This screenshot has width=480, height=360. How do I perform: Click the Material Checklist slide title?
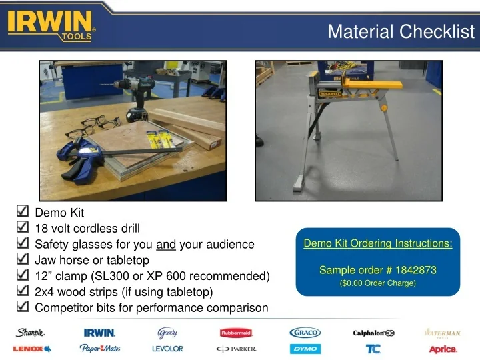[x=401, y=31]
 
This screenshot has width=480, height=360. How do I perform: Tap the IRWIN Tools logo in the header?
[x=51, y=25]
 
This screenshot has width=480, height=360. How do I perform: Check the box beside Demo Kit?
[x=21, y=213]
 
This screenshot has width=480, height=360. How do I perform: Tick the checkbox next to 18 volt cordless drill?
[x=21, y=229]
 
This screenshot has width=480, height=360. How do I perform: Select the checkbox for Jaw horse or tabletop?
[x=21, y=260]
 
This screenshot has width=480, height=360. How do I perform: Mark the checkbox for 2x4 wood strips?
[x=21, y=291]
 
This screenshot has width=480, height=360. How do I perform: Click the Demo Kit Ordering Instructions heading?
[x=378, y=243]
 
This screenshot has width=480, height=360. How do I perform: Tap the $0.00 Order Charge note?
[x=378, y=284]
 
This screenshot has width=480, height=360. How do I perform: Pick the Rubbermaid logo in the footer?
[x=237, y=333]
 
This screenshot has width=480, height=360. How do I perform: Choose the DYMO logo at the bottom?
[x=305, y=349]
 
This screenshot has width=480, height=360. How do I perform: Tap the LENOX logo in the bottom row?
[x=28, y=349]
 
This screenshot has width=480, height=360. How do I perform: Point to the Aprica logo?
[x=443, y=349]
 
